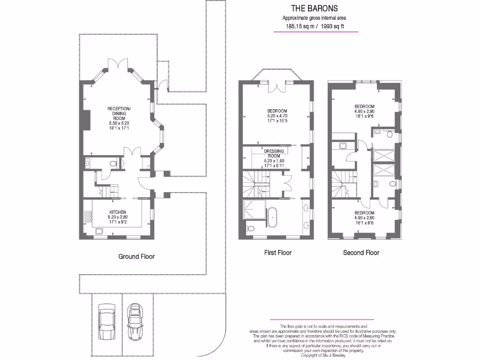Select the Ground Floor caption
(x=136, y=256)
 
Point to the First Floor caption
(x=278, y=253)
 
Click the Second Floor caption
(x=361, y=253)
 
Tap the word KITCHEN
(x=118, y=212)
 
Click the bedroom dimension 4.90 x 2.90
(x=364, y=112)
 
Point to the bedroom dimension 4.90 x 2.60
(x=364, y=217)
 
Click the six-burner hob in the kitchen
(x=88, y=216)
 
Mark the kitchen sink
(x=99, y=231)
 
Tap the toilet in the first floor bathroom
(x=250, y=228)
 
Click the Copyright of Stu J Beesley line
(x=323, y=355)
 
